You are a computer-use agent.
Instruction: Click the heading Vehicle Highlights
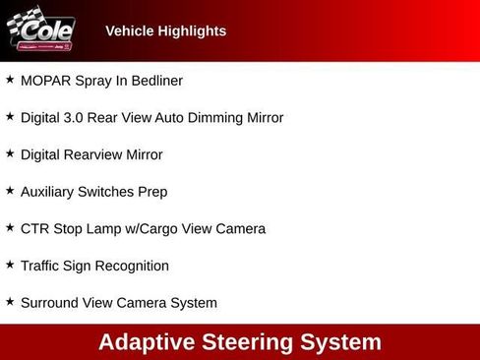coord(165,31)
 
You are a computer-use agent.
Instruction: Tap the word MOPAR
coord(44,81)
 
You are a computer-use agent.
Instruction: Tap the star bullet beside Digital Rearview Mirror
coord(10,153)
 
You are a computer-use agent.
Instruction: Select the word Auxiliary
coord(49,192)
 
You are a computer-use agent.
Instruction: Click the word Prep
coord(152,192)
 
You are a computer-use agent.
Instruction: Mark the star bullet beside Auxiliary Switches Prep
coord(10,191)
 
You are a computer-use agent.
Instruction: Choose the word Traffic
coord(43,266)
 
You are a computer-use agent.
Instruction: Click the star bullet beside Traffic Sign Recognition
coord(10,265)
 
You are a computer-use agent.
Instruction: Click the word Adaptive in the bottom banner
coord(146,342)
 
